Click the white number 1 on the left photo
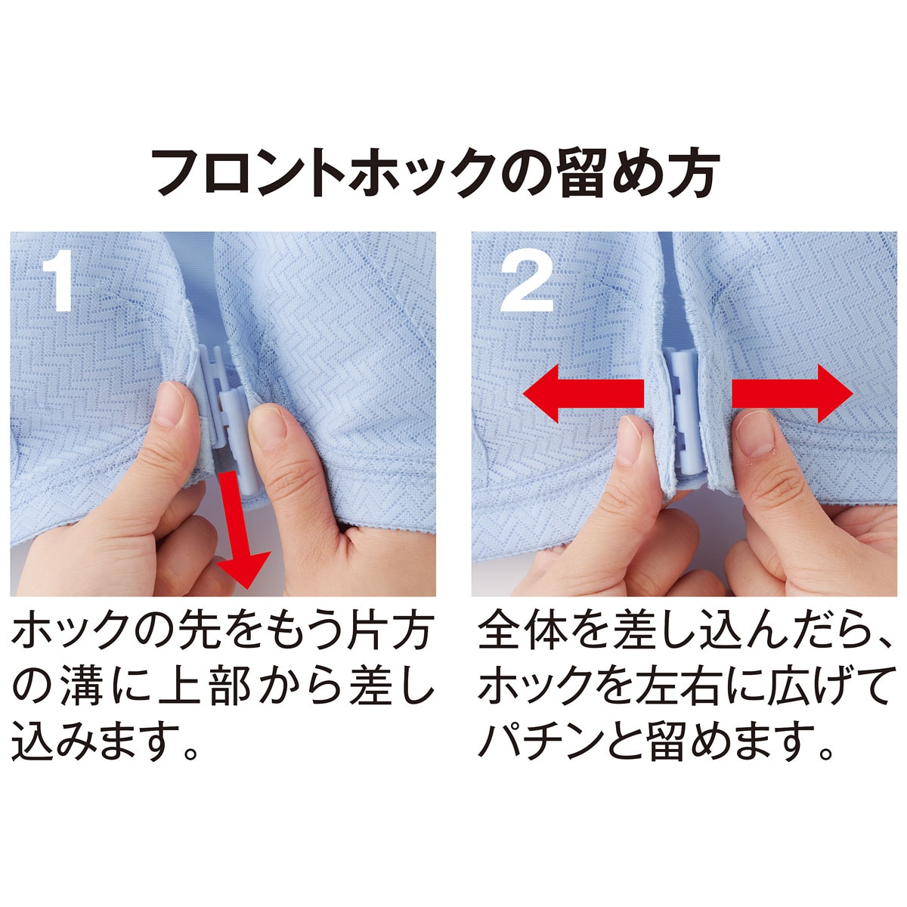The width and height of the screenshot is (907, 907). (58, 280)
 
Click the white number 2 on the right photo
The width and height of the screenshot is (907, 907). (526, 280)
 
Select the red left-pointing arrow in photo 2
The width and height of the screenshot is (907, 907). (583, 394)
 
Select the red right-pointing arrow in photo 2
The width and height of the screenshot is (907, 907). (792, 394)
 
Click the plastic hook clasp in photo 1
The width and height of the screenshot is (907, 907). (226, 415)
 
